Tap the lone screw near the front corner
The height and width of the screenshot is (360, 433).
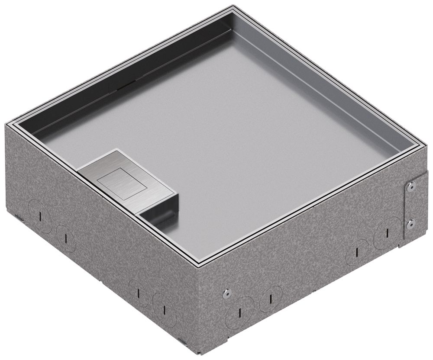coord(226,293)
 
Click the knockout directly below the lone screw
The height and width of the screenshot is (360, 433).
coord(239,310)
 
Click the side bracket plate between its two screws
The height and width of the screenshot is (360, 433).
coord(411,205)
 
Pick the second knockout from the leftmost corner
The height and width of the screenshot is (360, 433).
coord(65,237)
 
